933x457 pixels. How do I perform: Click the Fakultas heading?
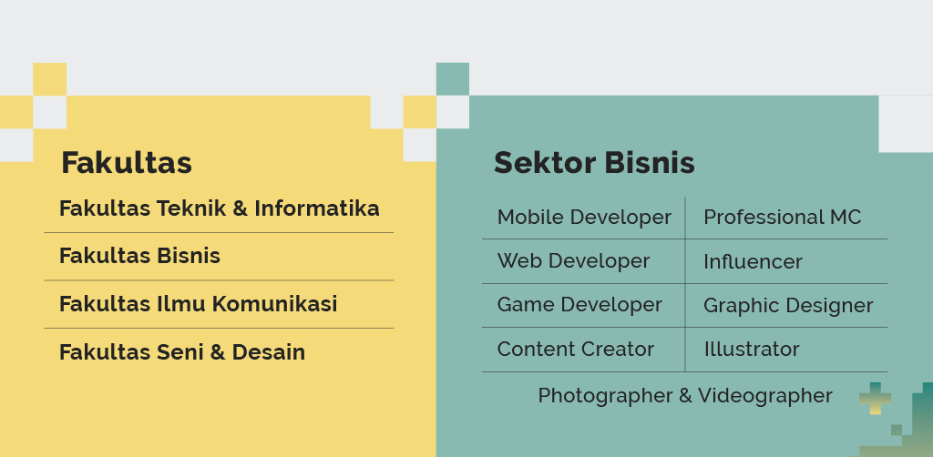pyautogui.click(x=127, y=163)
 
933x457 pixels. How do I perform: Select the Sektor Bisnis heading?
pyautogui.click(x=594, y=163)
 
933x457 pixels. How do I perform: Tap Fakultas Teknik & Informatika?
pyautogui.click(x=219, y=208)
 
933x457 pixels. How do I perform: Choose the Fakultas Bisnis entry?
pyautogui.click(x=139, y=256)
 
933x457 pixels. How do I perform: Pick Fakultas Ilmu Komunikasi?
pyautogui.click(x=198, y=304)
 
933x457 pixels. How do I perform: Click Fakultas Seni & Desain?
pyautogui.click(x=182, y=351)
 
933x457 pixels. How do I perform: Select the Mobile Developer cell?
pyautogui.click(x=584, y=218)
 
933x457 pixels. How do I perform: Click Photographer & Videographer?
pyautogui.click(x=685, y=396)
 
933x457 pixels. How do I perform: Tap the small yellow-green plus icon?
pyautogui.click(x=876, y=398)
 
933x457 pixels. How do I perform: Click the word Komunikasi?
pyautogui.click(x=275, y=304)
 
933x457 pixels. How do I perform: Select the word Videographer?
pyautogui.click(x=765, y=396)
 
